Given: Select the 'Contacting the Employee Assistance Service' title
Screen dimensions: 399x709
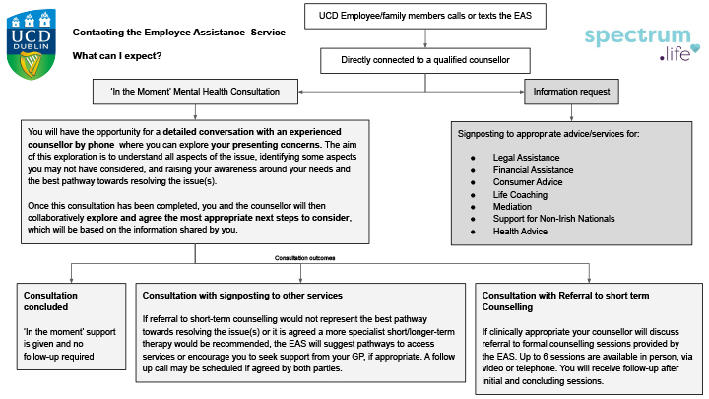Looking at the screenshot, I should click(x=178, y=32).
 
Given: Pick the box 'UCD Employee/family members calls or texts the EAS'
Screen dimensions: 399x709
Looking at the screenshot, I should click(x=423, y=15).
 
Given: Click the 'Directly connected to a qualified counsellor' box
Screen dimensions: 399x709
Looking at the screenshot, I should click(x=423, y=61).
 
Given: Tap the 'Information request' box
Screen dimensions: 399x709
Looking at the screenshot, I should click(x=571, y=92).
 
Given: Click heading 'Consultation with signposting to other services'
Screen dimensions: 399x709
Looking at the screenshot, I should click(x=242, y=296).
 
